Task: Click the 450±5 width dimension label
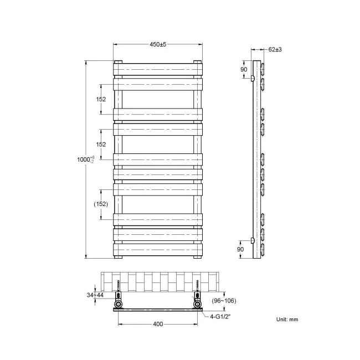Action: click(158, 44)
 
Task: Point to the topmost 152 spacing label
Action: click(101, 99)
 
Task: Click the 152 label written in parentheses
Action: click(101, 204)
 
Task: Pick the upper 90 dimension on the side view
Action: click(244, 70)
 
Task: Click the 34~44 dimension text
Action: click(96, 295)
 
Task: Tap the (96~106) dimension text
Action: click(224, 301)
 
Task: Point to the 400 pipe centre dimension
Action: click(158, 325)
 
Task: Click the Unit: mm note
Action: click(287, 320)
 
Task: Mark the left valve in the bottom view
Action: click(119, 304)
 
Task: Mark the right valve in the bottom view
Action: click(198, 304)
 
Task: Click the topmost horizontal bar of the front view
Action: click(158, 69)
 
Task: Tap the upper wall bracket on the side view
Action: click(253, 79)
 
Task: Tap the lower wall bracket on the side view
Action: click(253, 240)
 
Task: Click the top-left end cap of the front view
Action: click(118, 61)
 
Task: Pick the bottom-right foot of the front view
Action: click(198, 256)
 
